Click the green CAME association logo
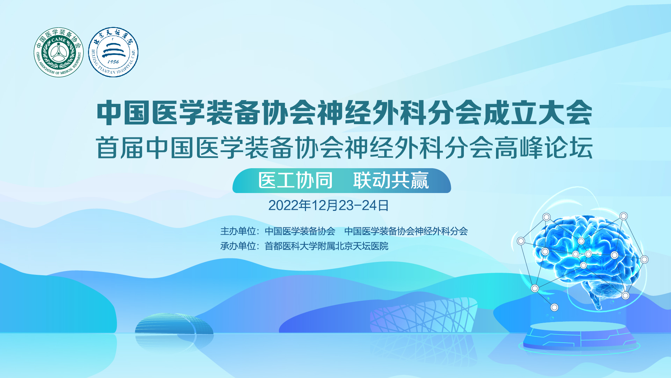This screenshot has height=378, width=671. pos(59,52)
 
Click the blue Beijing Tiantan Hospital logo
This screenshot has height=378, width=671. pos(113,52)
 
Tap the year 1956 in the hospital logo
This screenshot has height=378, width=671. pos(113,62)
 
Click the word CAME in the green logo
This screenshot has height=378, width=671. pos(59,40)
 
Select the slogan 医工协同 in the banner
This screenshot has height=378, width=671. pos(295,180)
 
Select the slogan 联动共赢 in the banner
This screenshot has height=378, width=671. pos(391,180)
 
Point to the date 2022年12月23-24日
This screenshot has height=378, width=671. pos(328,205)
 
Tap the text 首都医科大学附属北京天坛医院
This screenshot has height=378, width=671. pos(327,246)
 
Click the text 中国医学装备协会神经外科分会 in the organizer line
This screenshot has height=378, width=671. pos(406,231)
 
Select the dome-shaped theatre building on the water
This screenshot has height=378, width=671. pos(174,324)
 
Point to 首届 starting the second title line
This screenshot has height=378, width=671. pos(119,148)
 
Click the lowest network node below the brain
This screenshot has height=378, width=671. pos(554,307)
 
